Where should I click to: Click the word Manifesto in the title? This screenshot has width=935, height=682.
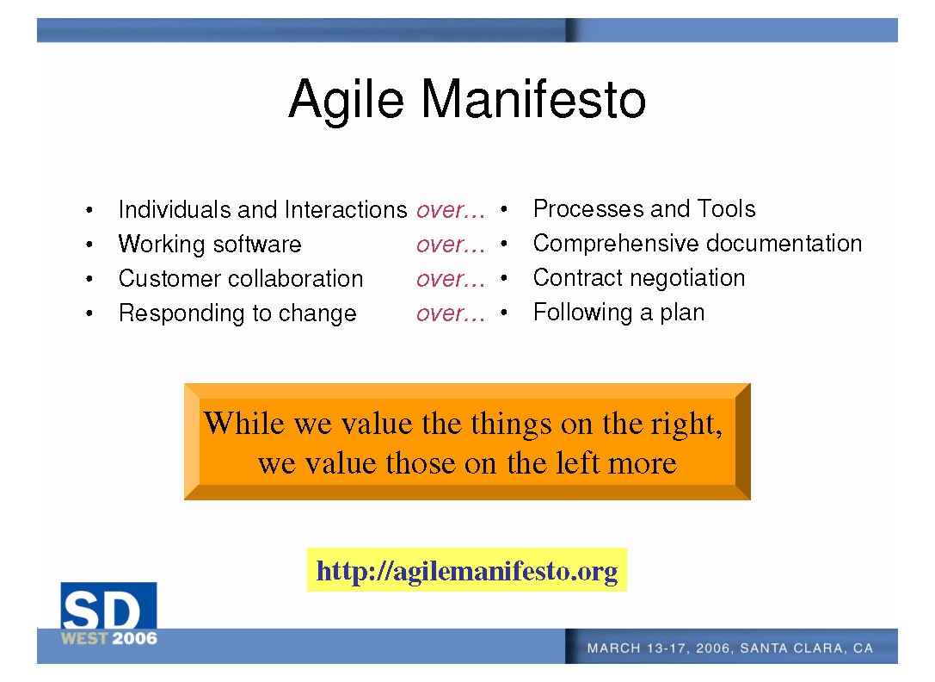tap(533, 99)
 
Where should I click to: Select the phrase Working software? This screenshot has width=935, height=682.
tap(210, 245)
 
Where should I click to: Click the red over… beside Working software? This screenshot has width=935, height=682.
tap(450, 245)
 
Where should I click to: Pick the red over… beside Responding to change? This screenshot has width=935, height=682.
tap(450, 314)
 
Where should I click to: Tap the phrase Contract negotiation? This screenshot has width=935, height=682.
tap(639, 278)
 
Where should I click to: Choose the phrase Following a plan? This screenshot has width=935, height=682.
tap(619, 313)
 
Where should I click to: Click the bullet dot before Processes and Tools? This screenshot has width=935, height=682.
tap(504, 209)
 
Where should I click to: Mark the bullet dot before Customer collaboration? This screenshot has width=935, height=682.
tap(89, 279)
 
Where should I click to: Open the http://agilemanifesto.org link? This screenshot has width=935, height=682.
tap(467, 572)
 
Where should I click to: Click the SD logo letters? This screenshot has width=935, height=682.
tap(102, 611)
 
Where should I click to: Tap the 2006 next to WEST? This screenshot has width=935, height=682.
tap(135, 638)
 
